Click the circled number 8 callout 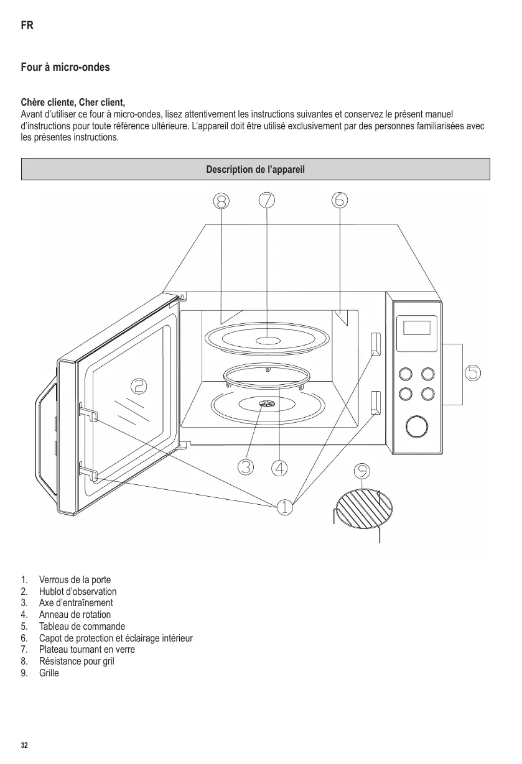(x=221, y=201)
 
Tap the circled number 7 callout (x=266, y=200)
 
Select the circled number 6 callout (x=340, y=200)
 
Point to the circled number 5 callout (x=473, y=372)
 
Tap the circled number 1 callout (x=284, y=507)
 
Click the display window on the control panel (x=416, y=328)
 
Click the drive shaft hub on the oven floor (x=266, y=405)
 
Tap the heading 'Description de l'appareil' (x=256, y=169)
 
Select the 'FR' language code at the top (x=27, y=26)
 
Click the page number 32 (x=24, y=745)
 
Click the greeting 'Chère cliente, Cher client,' (x=73, y=102)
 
